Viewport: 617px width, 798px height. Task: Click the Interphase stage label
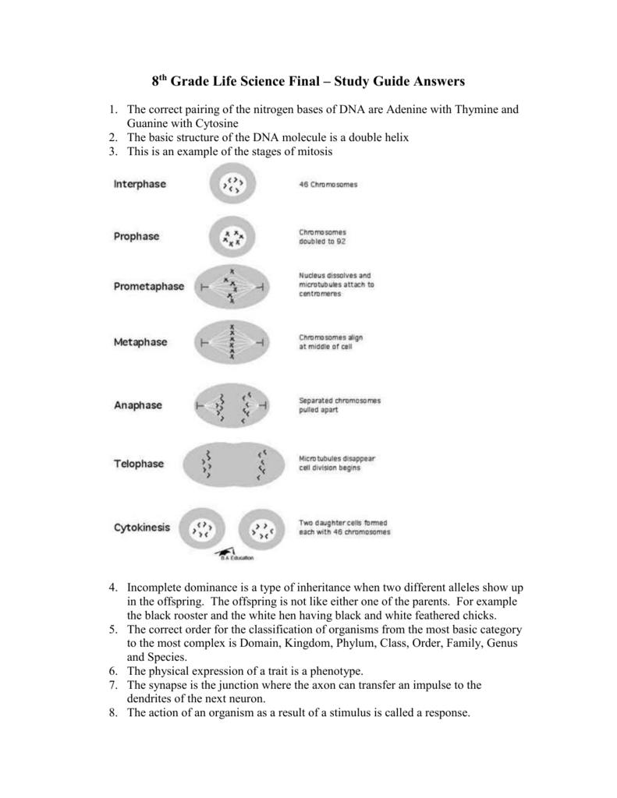click(145, 185)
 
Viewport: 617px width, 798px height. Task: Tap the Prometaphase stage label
click(149, 287)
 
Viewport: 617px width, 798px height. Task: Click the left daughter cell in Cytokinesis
click(203, 529)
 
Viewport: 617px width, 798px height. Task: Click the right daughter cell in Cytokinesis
click(264, 529)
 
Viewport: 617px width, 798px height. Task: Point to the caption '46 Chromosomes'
click(328, 185)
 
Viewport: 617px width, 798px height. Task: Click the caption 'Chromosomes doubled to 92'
click(324, 237)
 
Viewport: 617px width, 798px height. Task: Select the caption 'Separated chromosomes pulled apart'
click(339, 405)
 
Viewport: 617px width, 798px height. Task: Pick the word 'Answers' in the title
click(427, 81)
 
